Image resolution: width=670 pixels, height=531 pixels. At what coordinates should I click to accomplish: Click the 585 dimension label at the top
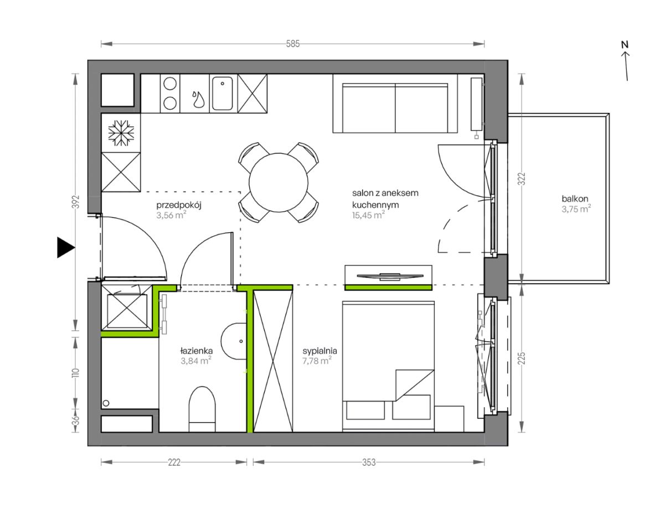[x=293, y=44]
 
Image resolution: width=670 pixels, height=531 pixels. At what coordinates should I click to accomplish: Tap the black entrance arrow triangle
[x=66, y=248]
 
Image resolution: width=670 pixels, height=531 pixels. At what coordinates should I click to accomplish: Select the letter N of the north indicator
[x=625, y=45]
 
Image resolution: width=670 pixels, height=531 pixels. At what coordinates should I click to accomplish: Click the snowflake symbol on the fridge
[x=121, y=133]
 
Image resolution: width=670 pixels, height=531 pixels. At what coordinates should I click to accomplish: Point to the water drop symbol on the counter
[x=198, y=99]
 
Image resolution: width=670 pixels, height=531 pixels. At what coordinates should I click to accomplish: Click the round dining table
[x=279, y=183]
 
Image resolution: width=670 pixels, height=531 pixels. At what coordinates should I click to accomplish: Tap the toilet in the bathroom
[x=202, y=409]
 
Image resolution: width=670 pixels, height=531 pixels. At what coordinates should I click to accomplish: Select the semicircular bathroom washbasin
[x=234, y=341]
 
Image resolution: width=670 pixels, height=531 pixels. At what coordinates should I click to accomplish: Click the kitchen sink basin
[x=222, y=93]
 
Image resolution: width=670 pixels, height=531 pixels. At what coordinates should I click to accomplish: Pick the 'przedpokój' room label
[x=179, y=205]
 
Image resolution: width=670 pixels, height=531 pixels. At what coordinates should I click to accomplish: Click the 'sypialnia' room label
[x=319, y=351]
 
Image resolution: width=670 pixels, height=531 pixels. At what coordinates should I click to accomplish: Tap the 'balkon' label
[x=575, y=199]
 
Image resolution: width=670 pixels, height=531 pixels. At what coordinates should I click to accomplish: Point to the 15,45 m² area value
[x=368, y=215]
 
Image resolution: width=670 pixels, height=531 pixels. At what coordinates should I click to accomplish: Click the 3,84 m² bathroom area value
[x=196, y=361]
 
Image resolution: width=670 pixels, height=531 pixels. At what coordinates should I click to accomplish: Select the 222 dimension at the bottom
[x=174, y=462]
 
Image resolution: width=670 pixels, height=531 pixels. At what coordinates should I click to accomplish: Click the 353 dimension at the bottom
[x=369, y=462]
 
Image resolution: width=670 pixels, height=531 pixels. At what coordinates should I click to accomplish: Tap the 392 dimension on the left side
[x=76, y=201]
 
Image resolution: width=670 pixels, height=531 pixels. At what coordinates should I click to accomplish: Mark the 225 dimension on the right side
[x=522, y=358]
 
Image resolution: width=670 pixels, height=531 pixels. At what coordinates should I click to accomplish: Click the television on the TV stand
[x=390, y=276]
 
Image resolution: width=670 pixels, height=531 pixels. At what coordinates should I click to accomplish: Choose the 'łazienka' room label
[x=197, y=351]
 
